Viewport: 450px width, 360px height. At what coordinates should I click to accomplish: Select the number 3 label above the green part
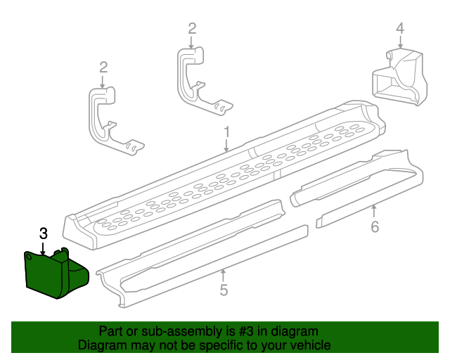tap(43, 233)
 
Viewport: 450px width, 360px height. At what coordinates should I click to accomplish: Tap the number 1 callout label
tap(226, 131)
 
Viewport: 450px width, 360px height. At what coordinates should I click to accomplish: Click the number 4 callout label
tap(399, 29)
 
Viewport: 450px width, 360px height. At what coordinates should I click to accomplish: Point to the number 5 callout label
tap(223, 290)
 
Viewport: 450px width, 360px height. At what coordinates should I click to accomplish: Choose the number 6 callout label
tap(375, 226)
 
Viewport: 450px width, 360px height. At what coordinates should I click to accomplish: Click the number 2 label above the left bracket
tap(103, 67)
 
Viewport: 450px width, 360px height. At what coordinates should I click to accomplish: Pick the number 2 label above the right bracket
tap(192, 29)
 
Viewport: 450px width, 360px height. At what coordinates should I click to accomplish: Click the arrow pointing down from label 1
tap(226, 146)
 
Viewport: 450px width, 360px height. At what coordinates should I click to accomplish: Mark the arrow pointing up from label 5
tap(223, 275)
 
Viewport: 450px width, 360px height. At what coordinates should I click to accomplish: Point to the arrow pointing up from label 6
tap(375, 210)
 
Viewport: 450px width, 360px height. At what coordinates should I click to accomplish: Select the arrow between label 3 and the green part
tap(43, 247)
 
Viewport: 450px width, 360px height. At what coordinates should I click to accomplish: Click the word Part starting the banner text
tap(111, 331)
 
